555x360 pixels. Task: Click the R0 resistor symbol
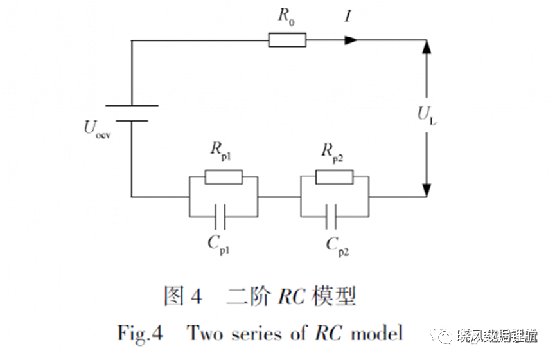coord(287,40)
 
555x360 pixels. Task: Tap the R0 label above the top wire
coord(286,17)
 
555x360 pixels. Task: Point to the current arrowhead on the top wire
coord(351,40)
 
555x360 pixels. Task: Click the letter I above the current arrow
coord(348,16)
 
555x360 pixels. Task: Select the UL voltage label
coord(427,116)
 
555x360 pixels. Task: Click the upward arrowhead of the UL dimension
coord(427,47)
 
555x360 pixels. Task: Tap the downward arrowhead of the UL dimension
coord(427,190)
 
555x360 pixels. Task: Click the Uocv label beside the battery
coord(98,129)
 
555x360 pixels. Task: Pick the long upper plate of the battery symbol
coord(132,105)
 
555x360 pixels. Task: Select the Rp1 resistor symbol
coord(224,177)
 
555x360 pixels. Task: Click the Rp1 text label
coord(221,151)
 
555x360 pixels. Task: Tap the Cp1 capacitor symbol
coord(220,217)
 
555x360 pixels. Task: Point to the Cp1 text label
coord(218,245)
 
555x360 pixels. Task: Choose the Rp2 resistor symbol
coord(334,177)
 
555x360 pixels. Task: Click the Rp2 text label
coord(332,153)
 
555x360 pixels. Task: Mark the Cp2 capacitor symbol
coord(331,217)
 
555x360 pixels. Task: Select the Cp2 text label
coord(337,246)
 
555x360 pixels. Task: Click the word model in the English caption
coord(377,333)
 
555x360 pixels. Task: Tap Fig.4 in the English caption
coord(140,334)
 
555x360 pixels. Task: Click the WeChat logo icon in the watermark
coord(441,334)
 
